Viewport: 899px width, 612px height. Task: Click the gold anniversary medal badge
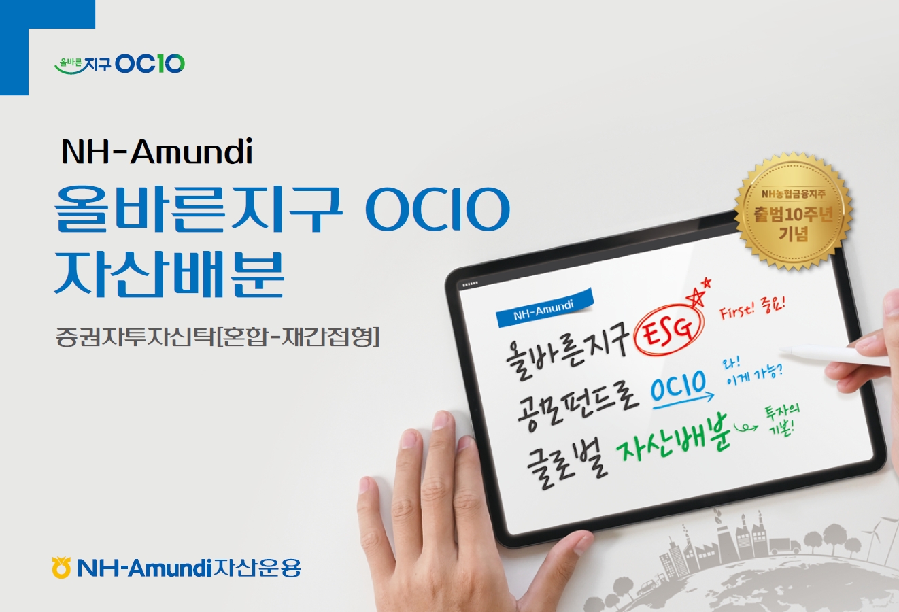(793, 211)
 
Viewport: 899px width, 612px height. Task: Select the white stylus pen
(834, 356)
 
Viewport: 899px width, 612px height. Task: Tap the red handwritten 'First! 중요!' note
(751, 308)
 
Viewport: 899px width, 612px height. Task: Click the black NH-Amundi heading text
(157, 152)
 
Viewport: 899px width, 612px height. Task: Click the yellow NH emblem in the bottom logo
(61, 567)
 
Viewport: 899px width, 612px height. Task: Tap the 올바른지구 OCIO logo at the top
(120, 64)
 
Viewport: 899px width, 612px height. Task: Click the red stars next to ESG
(698, 293)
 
